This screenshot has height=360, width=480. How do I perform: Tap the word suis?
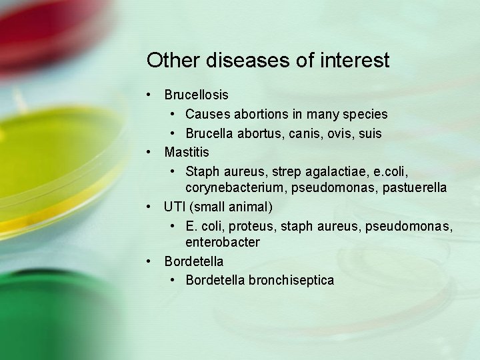tap(371, 134)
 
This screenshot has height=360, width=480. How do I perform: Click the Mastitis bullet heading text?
tap(187, 152)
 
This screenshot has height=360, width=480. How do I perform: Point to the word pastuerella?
tap(414, 189)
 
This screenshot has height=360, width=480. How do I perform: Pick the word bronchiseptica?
tap(291, 280)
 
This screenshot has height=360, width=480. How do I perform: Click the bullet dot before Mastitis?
tap(151, 152)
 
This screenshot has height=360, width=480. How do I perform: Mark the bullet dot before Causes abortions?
tap(172, 115)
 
